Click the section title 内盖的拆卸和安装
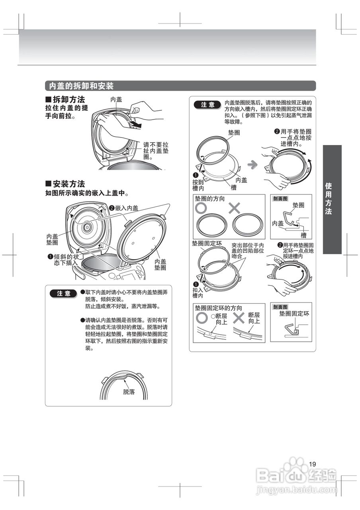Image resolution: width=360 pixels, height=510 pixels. (81, 86)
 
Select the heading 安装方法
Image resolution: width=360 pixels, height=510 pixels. (68, 184)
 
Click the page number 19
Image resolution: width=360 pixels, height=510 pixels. (312, 464)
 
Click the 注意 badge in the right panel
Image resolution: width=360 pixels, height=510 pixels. (207, 105)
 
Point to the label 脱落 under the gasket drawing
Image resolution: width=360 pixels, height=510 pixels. (129, 392)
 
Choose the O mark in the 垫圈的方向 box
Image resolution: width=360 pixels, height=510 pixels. (201, 208)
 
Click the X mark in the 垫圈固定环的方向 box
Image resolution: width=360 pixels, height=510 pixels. (239, 318)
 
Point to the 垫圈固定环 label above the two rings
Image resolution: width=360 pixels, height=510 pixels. (206, 243)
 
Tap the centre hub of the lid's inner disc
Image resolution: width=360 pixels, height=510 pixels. (87, 227)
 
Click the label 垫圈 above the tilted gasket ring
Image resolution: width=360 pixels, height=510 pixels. (234, 133)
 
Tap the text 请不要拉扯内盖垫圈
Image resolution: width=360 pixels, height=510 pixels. (156, 151)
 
